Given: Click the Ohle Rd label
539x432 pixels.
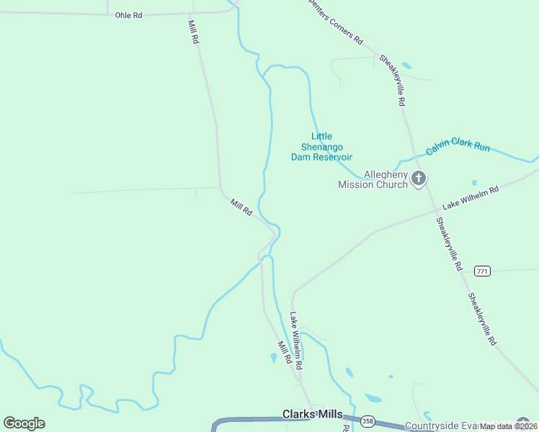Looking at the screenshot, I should [x=128, y=15].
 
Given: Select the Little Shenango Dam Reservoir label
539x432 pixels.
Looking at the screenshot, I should [x=321, y=146].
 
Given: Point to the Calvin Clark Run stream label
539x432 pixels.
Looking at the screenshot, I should [x=458, y=146].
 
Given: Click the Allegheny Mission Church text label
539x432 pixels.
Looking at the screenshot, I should [x=373, y=179].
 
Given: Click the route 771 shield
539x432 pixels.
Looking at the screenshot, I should [x=482, y=271].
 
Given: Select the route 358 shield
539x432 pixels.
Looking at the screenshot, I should [x=367, y=420].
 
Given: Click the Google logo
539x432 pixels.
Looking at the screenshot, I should [x=24, y=423].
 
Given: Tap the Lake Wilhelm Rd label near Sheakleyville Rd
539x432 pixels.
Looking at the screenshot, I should [x=471, y=198].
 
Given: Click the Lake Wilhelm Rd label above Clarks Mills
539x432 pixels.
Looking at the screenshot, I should [x=295, y=341].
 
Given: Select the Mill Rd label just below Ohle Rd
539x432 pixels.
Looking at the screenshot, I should [x=192, y=32].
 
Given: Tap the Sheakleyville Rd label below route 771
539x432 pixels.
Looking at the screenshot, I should [x=482, y=320].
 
